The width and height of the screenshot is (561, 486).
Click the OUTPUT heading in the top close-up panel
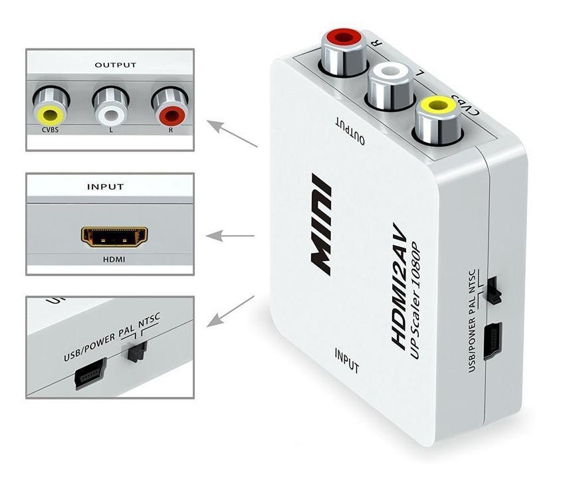(x=115, y=65)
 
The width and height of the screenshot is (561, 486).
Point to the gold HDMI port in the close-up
(x=114, y=236)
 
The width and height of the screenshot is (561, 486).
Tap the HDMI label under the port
(x=114, y=260)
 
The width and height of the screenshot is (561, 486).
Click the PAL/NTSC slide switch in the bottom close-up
(x=136, y=352)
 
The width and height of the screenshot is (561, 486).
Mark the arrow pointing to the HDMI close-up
(x=230, y=236)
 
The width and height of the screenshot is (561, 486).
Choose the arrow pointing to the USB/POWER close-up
(x=230, y=311)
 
